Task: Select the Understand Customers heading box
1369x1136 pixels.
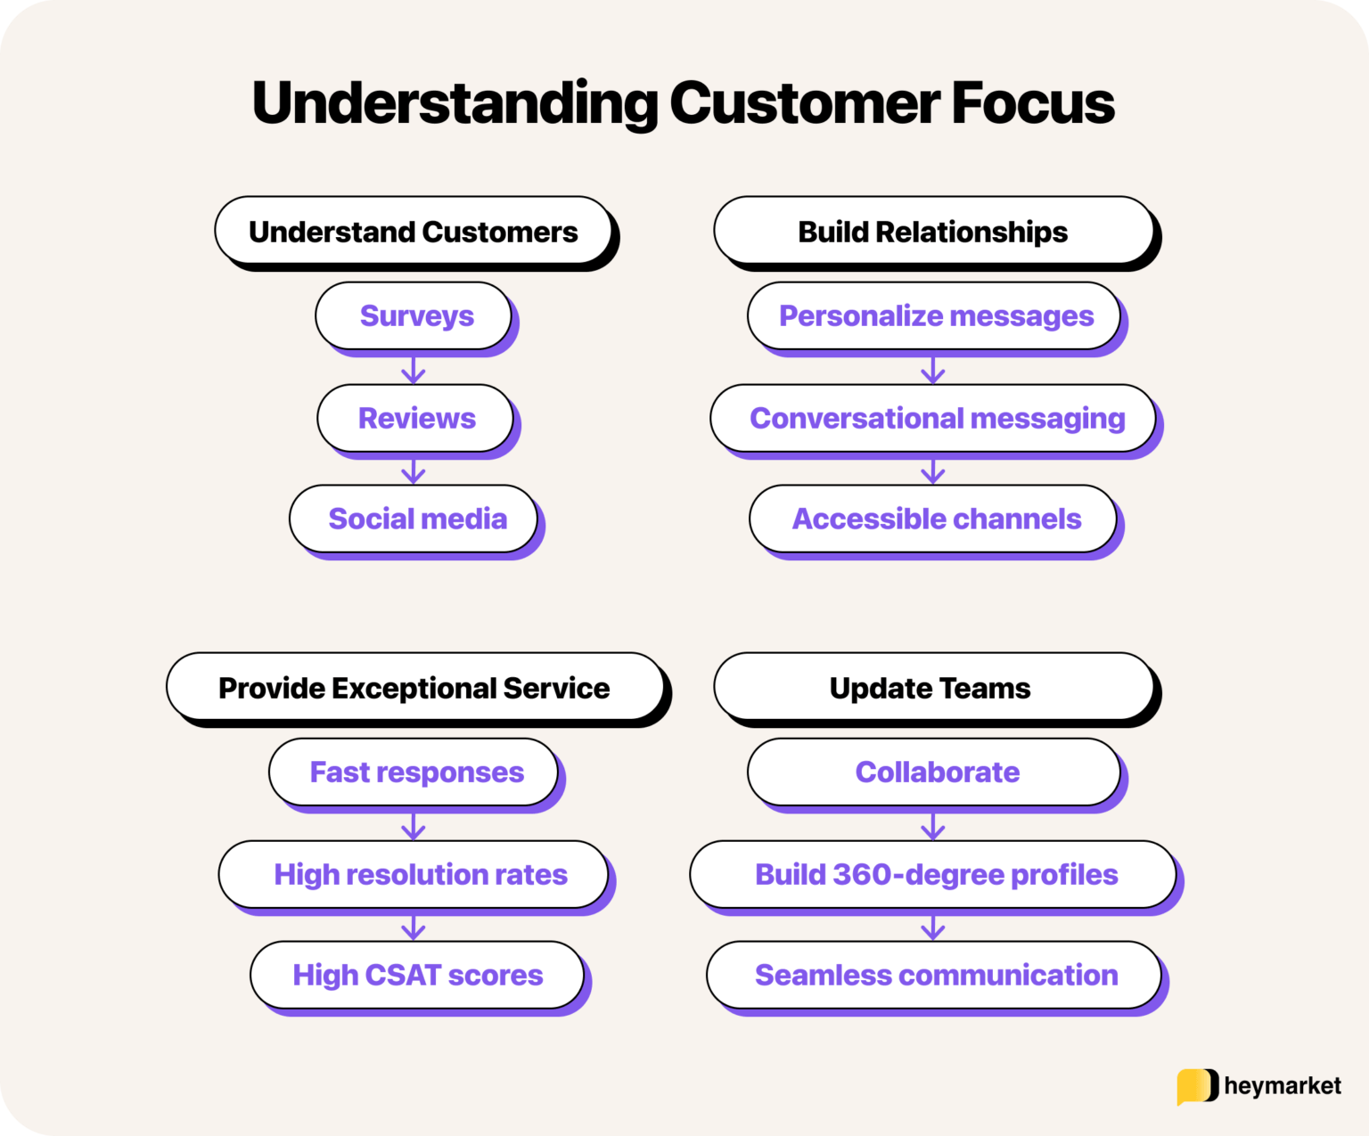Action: tap(414, 232)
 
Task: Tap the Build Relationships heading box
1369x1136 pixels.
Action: tap(933, 232)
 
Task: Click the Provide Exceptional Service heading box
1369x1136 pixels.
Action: tap(414, 688)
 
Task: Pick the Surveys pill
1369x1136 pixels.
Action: tap(414, 316)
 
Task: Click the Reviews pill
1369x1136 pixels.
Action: tap(415, 418)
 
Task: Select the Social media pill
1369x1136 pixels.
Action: tap(414, 519)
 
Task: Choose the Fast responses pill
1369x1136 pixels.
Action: tap(414, 772)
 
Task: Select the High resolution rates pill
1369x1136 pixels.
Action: tap(414, 874)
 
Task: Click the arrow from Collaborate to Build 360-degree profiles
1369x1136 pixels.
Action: tap(933, 826)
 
